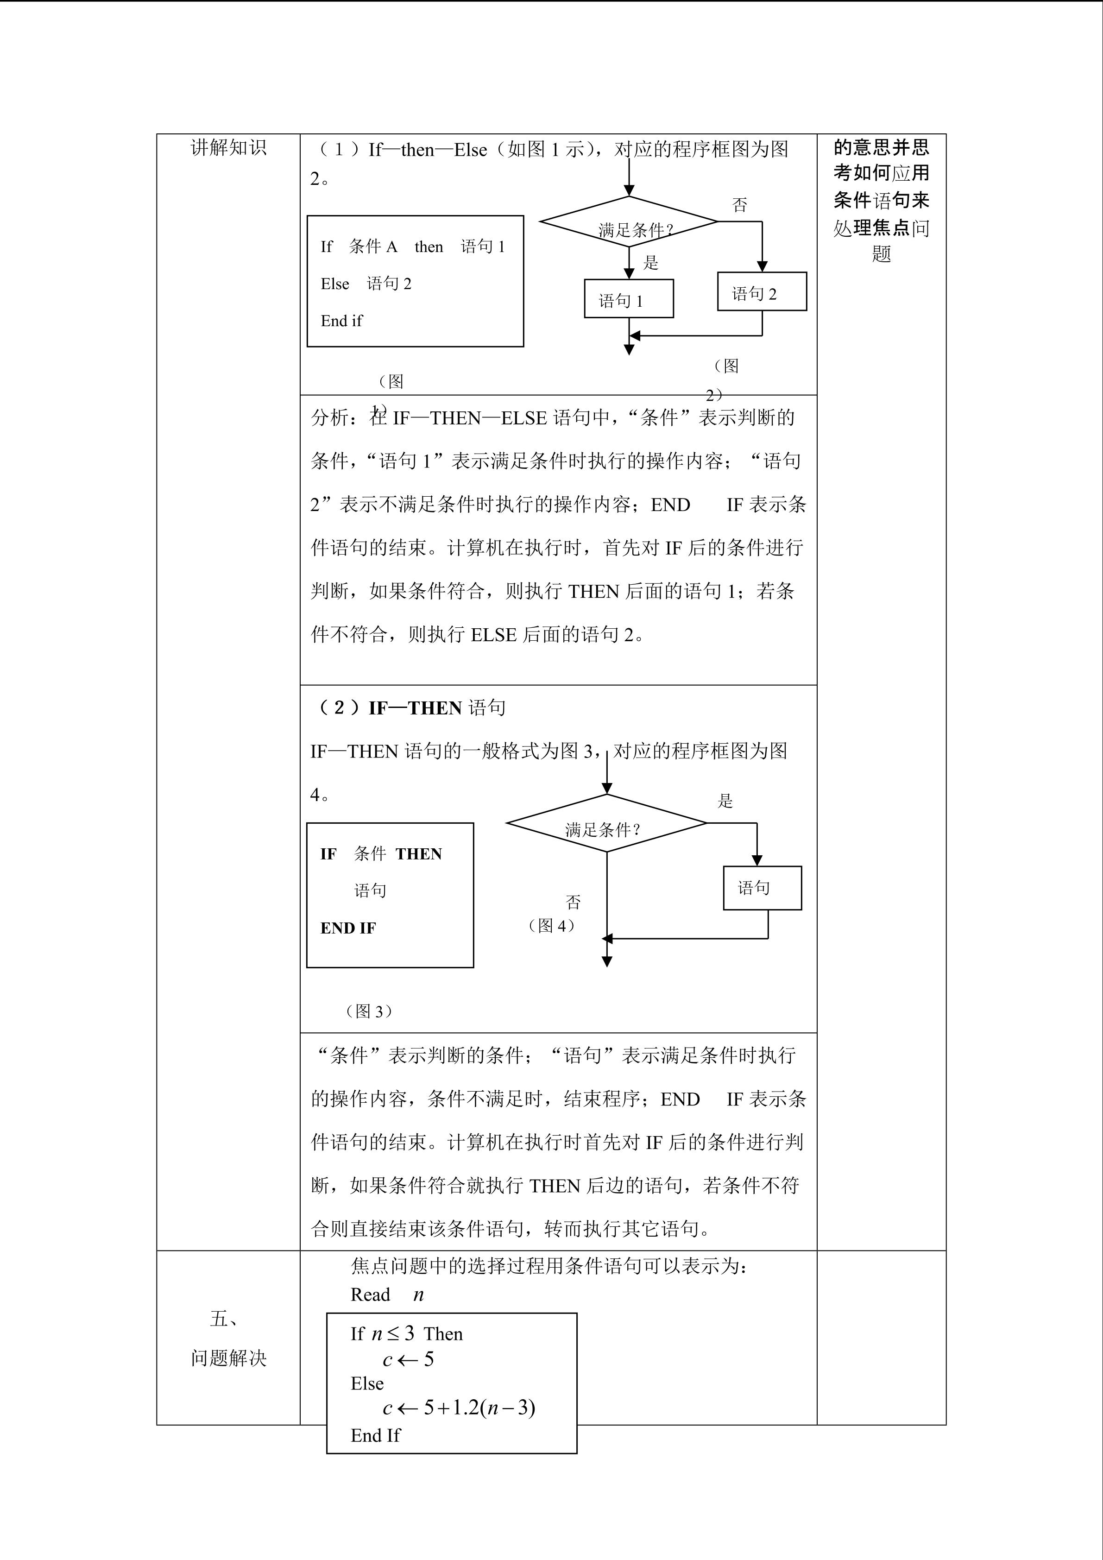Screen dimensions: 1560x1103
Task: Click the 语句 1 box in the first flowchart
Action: click(628, 299)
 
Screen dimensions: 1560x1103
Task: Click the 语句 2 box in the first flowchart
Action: click(762, 292)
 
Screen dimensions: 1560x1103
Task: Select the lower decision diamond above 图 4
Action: click(606, 823)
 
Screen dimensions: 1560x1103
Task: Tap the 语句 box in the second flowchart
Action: click(762, 888)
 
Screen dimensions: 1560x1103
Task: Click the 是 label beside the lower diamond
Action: click(725, 801)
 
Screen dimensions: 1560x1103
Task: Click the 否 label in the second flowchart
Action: click(573, 902)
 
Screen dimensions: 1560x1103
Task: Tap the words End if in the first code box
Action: click(341, 321)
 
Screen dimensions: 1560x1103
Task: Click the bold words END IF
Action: click(348, 928)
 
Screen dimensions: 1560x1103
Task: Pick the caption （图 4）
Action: click(551, 925)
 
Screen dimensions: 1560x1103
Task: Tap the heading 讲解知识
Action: click(228, 148)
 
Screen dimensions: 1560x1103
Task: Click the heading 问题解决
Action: click(228, 1358)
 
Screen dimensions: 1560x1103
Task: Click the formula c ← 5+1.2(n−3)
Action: click(459, 1407)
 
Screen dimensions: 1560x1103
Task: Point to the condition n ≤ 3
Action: click(392, 1334)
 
